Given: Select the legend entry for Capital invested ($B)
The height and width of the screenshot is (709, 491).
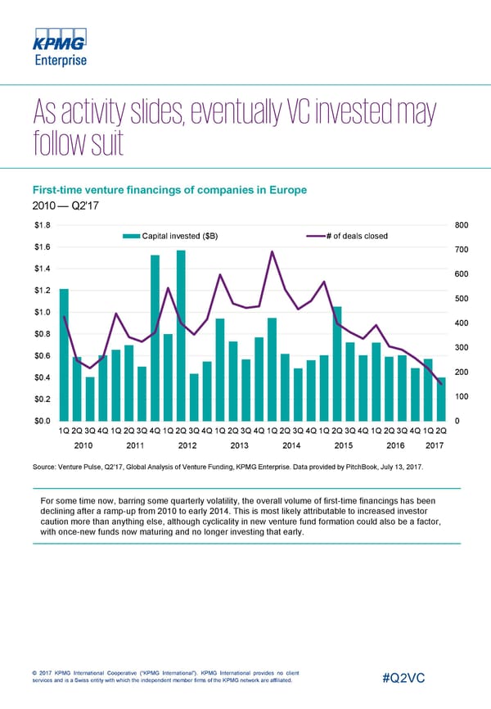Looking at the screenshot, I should pyautogui.click(x=171, y=237).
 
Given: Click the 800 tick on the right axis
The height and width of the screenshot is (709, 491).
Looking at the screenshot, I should pyautogui.click(x=461, y=225).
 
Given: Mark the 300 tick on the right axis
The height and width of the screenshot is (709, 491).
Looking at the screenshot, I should pyautogui.click(x=461, y=348).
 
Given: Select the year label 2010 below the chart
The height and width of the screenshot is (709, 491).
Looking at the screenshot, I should pyautogui.click(x=84, y=445).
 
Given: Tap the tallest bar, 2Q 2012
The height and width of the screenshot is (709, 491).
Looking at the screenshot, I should pyautogui.click(x=181, y=336).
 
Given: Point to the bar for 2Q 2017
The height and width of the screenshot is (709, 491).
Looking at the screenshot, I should pyautogui.click(x=441, y=399).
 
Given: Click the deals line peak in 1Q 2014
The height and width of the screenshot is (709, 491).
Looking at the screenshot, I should pyautogui.click(x=272, y=251).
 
